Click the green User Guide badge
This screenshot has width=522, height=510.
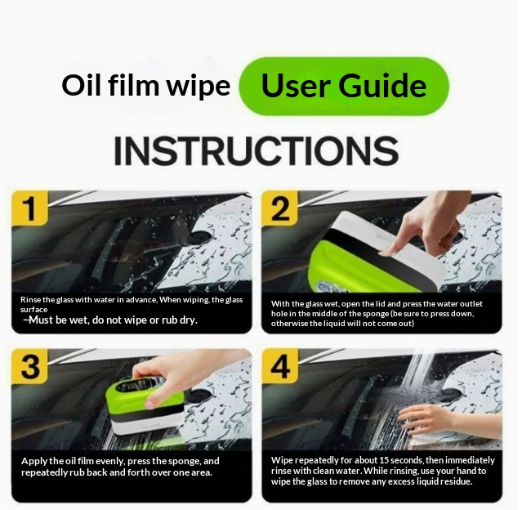(x=344, y=87)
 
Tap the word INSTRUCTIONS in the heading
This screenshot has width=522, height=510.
(x=257, y=151)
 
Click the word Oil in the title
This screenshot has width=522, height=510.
(x=81, y=85)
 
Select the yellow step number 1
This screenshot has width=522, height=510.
(x=30, y=208)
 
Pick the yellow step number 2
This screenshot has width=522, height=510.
(x=280, y=208)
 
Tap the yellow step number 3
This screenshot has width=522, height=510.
(x=30, y=366)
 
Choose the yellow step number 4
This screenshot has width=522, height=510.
(x=280, y=366)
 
